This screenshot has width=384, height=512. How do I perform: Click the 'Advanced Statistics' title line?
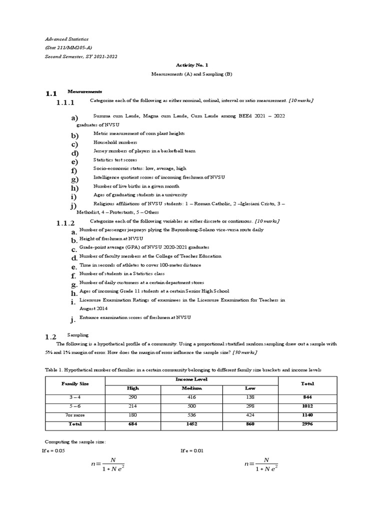pos(66,39)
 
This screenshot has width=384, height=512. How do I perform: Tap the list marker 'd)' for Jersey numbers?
pos(75,153)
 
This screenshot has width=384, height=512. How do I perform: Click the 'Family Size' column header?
pos(74,383)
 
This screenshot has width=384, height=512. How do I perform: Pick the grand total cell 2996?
pos(307,424)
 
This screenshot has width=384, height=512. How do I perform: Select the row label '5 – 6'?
pos(74,406)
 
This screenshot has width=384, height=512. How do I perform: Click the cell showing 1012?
pos(307,406)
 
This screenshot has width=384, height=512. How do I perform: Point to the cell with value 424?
pos(249,415)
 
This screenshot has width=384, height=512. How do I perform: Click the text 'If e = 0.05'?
pos(53,450)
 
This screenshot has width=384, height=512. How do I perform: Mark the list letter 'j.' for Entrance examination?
pos(73,320)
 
